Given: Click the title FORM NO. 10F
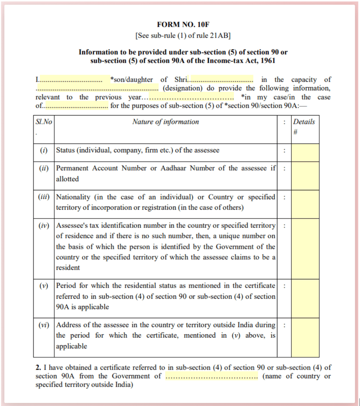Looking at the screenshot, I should coord(183,24).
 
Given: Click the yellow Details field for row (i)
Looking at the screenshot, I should coord(305,152).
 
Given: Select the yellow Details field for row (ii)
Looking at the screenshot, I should coord(305,175).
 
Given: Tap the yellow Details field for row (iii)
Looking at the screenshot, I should coord(305,204).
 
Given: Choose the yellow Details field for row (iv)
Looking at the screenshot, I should coord(305,248).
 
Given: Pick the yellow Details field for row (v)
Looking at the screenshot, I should coord(305,298).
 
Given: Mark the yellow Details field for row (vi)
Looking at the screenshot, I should coord(305,337).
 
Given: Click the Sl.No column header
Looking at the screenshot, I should coord(44,122).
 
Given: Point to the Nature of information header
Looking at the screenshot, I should coord(166,122).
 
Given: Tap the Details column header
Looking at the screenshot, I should coord(304,122).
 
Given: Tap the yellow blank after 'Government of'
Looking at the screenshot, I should coord(211,376).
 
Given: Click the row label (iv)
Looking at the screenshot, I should coord(44,226).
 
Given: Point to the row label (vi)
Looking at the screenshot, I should coord(44,325).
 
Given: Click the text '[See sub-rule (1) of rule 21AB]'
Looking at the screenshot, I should coord(183,35).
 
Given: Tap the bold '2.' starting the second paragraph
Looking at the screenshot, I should coord(38,368).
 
